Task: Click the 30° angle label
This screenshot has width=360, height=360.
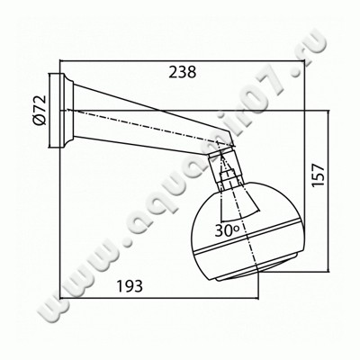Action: pyautogui.click(x=229, y=230)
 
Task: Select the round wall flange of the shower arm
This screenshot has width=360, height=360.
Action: pyautogui.click(x=65, y=109)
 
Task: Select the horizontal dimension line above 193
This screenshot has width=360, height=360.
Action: pyautogui.click(x=135, y=298)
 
